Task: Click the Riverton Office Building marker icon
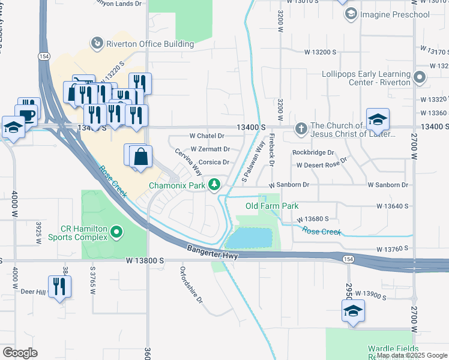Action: [96, 43]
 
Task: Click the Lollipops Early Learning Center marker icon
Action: [420, 77]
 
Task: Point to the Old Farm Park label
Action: [272, 206]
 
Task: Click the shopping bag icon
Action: [140, 157]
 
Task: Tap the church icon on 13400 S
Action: [301, 128]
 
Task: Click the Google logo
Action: [20, 352]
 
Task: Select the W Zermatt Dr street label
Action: [210, 149]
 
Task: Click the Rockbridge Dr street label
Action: [313, 152]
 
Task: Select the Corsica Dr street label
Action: [214, 162]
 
